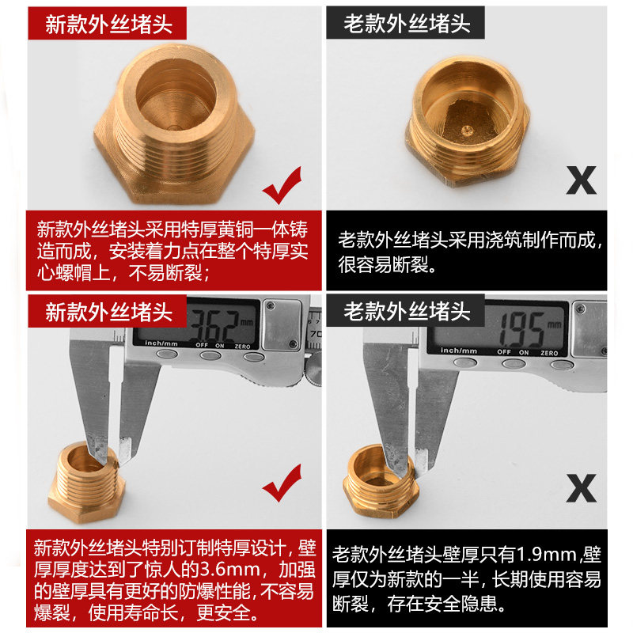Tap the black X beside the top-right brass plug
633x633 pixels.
point(582,180)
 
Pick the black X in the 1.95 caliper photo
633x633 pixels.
point(582,488)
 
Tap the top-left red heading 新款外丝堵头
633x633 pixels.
point(108,25)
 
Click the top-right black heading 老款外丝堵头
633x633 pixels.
point(407,24)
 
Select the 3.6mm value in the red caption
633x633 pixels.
point(230,570)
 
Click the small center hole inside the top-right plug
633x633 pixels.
point(467,130)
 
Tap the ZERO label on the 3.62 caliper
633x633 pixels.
point(242,347)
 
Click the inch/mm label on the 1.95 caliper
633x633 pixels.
point(459,351)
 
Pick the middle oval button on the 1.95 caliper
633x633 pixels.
point(514,364)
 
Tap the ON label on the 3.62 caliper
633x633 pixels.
point(220,346)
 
